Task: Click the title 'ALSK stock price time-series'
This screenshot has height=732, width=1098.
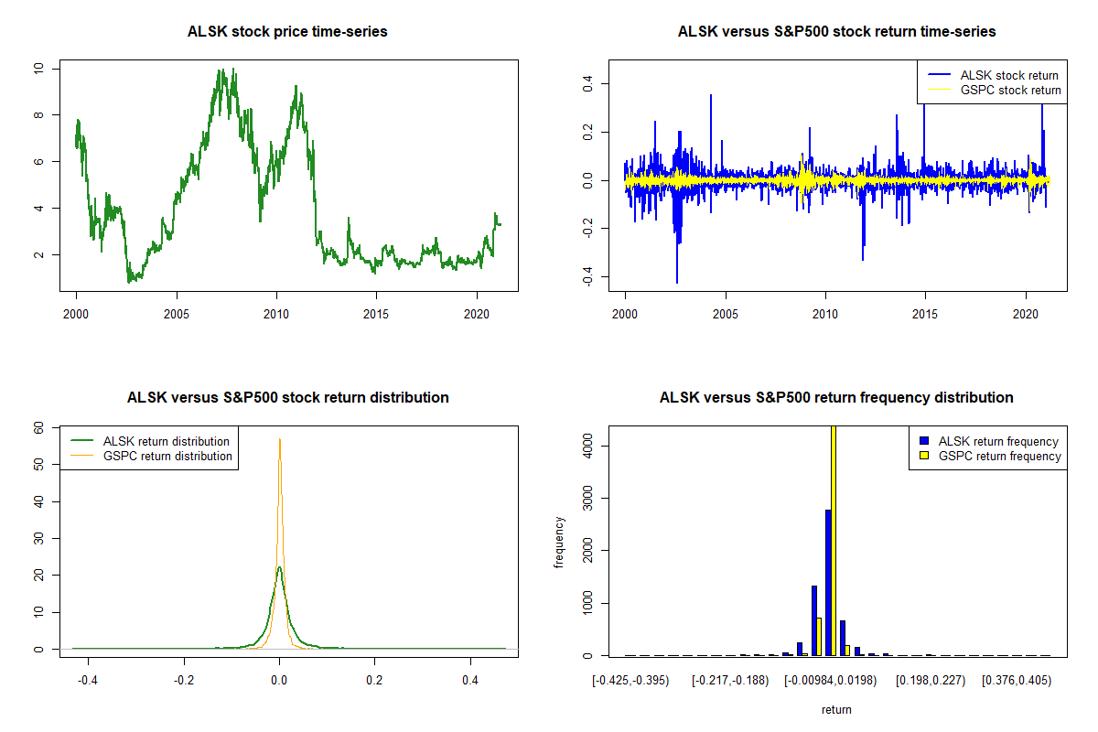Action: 287,32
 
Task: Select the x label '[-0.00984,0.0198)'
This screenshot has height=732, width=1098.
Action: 830,680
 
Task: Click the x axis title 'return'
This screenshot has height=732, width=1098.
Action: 836,709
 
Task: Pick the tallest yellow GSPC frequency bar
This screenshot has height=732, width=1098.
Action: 834,540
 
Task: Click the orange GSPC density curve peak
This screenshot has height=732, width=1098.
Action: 280,440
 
